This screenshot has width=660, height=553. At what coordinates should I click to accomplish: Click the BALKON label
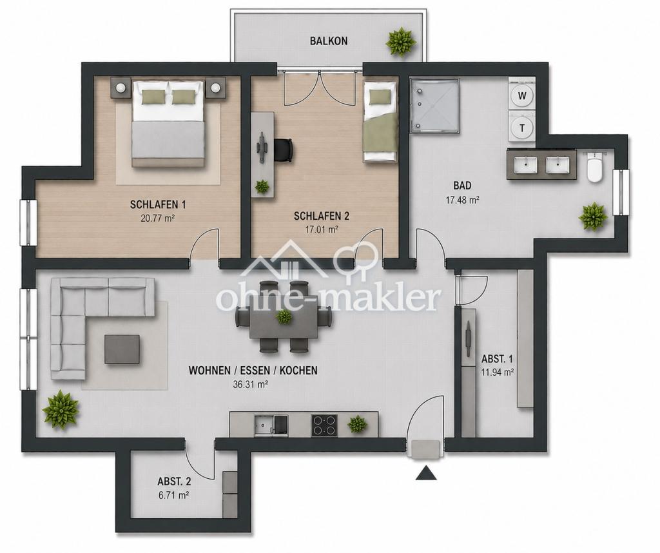click(x=329, y=41)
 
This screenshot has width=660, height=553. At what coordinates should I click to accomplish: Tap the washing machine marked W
click(x=522, y=95)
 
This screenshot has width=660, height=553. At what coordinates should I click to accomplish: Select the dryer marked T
click(x=522, y=128)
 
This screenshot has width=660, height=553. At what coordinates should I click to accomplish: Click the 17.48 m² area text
click(x=463, y=200)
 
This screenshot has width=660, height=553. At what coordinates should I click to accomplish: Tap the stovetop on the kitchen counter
click(x=324, y=425)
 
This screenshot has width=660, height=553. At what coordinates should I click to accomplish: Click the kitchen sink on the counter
click(x=271, y=424)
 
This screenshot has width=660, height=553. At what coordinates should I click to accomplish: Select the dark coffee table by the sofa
click(x=122, y=349)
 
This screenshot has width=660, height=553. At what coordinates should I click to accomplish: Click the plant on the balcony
click(x=401, y=41)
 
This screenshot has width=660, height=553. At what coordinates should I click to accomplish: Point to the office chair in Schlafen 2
click(x=283, y=150)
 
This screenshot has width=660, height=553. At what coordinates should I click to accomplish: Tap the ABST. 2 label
click(x=174, y=481)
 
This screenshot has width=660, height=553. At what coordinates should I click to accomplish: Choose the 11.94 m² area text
click(x=498, y=372)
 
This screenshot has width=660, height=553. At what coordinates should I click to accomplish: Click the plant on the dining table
click(x=284, y=316)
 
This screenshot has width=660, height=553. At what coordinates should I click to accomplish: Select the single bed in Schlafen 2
click(x=380, y=121)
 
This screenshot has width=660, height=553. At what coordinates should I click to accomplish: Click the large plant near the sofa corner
click(x=62, y=409)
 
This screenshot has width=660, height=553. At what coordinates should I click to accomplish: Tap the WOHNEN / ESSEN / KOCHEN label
click(x=253, y=371)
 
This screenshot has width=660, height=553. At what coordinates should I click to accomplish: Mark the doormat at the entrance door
click(x=426, y=449)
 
